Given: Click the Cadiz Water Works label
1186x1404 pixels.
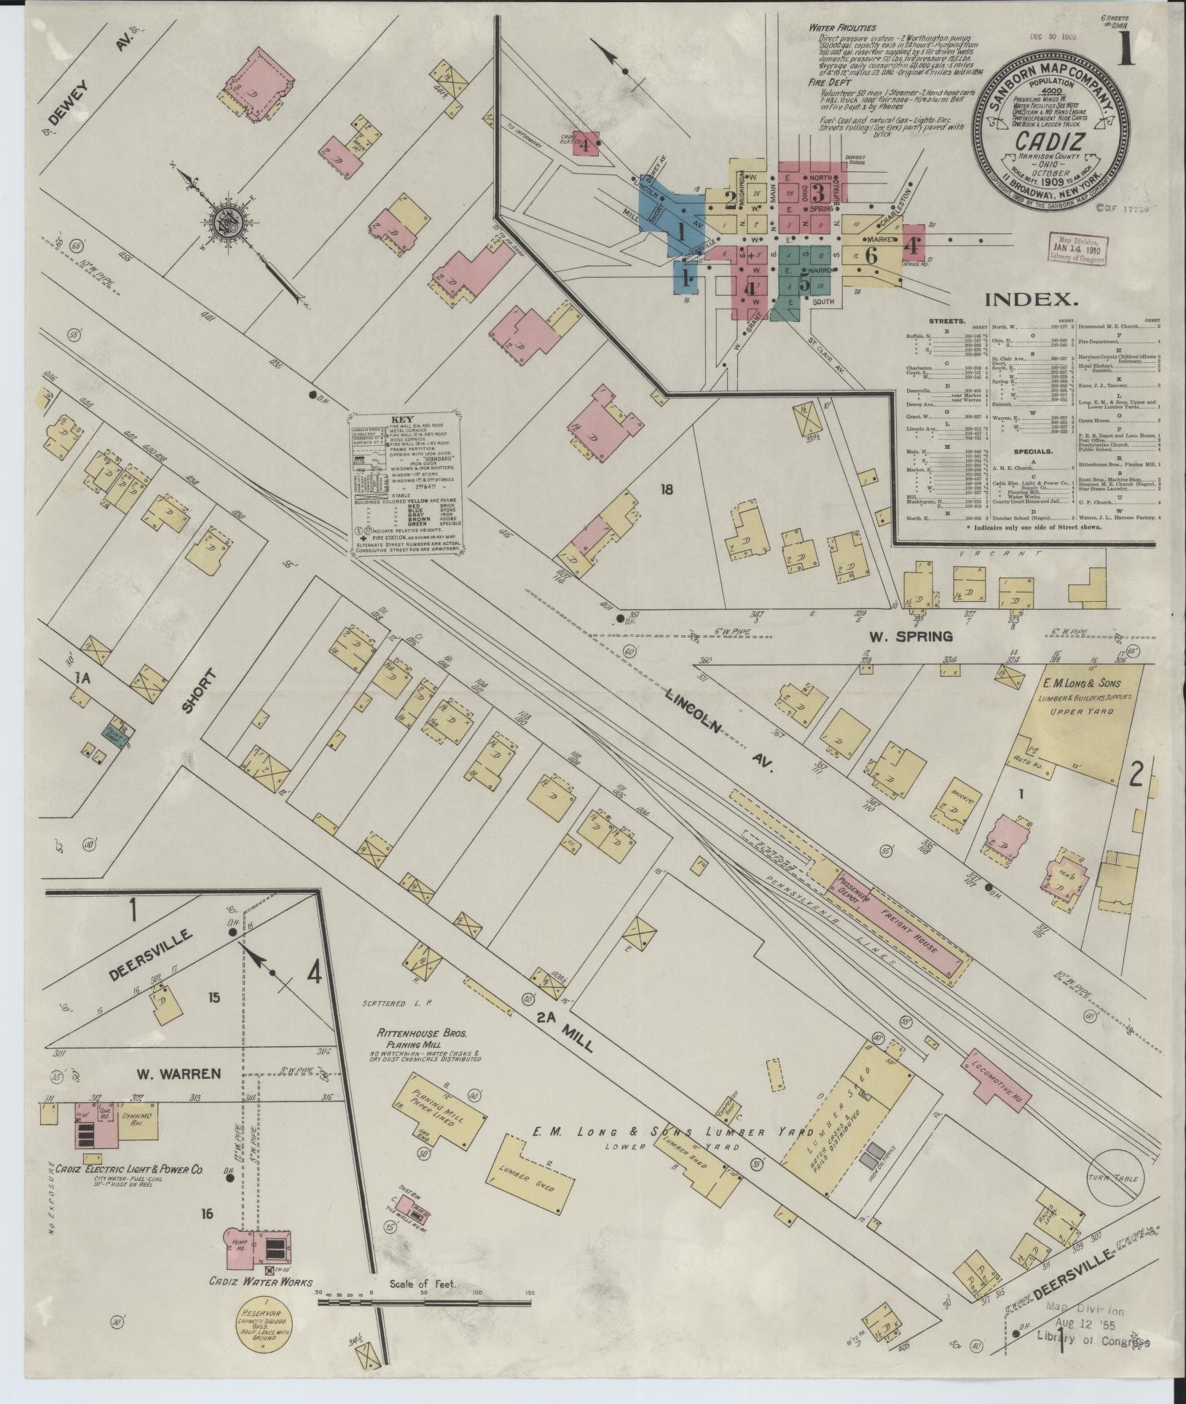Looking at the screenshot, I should (261, 1282).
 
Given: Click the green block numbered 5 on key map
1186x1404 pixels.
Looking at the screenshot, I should (804, 281).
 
